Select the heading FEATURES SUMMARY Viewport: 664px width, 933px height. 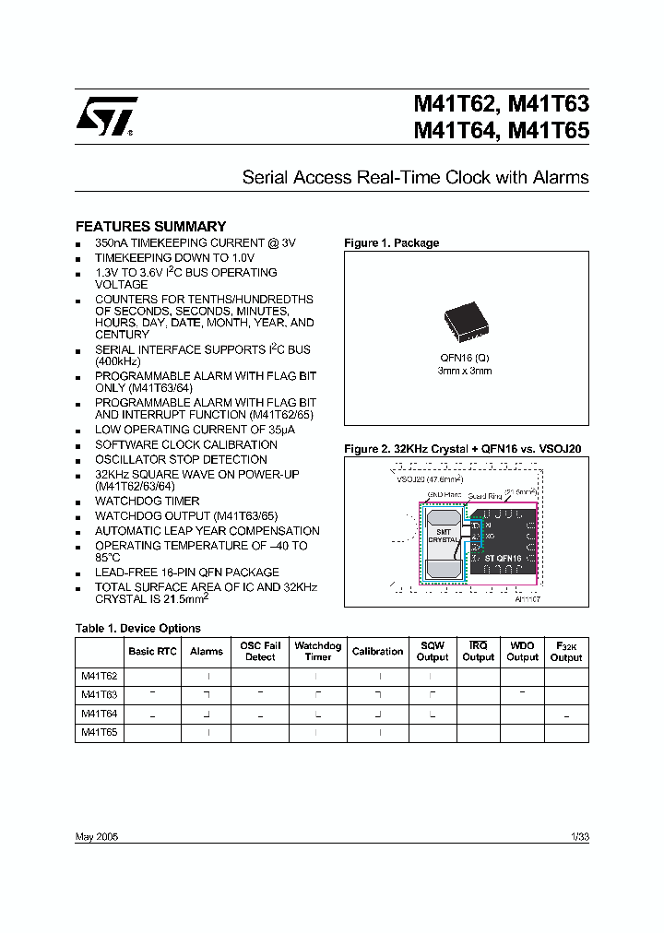coord(150,226)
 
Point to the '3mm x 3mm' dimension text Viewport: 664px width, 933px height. coord(465,371)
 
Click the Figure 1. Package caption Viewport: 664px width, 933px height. coord(391,243)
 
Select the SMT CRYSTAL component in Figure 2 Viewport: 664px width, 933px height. coord(443,536)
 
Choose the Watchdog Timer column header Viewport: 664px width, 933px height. coord(318,651)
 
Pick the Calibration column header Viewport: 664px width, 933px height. coord(377,651)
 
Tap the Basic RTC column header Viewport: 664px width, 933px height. coord(153,651)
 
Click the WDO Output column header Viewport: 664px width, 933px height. coord(522,651)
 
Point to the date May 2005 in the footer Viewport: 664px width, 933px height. coord(96,836)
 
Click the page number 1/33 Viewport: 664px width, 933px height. coord(580,836)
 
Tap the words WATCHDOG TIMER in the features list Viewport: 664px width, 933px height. coord(147,502)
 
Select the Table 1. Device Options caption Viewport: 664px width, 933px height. coord(137,628)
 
